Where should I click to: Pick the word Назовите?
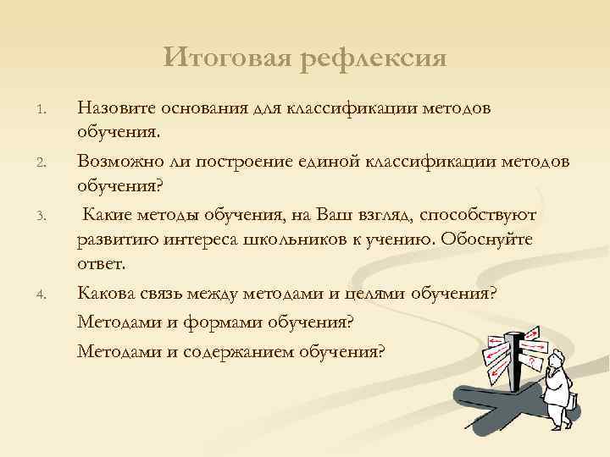(114, 107)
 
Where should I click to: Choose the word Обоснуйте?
(484, 240)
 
